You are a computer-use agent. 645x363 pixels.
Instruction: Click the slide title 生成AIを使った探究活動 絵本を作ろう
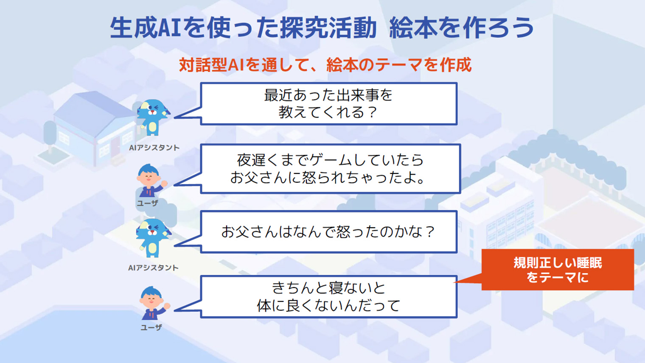point(322,28)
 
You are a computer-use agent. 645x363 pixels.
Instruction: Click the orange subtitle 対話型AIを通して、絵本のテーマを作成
point(325,65)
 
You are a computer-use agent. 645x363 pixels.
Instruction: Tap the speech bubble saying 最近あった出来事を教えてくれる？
point(329,103)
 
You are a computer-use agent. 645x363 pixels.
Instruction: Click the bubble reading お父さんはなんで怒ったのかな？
point(329,232)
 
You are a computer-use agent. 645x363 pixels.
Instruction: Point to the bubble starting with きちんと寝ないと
point(329,297)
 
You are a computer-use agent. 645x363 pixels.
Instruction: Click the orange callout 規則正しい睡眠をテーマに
point(558,270)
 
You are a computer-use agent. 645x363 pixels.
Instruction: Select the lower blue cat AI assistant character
point(153,238)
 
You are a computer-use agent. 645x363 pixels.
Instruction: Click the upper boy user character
point(151,181)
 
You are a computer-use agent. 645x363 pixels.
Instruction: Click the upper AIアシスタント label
point(154,148)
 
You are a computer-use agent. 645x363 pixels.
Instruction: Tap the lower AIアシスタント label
point(154,268)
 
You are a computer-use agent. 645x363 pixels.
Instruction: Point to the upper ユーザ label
point(147,203)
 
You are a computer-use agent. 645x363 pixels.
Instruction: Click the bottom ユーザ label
point(151,327)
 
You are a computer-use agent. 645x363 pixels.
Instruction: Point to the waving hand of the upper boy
point(164,183)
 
